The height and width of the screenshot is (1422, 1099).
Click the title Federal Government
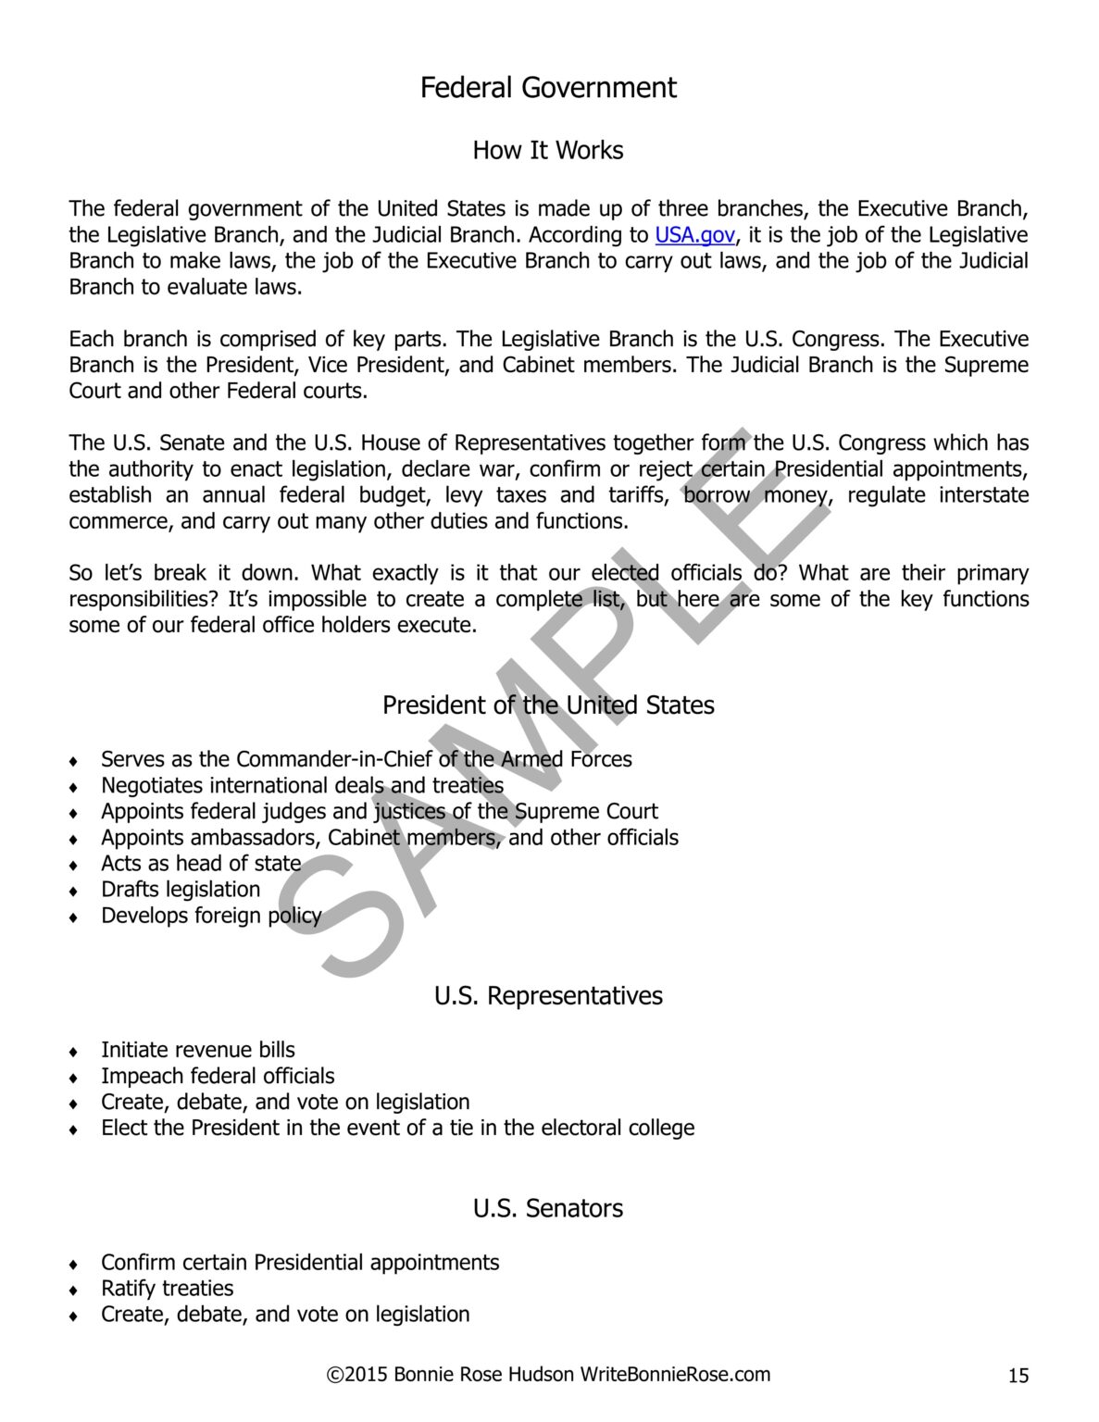click(548, 88)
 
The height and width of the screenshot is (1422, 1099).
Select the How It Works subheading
click(548, 150)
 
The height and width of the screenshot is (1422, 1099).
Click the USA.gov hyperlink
click(694, 235)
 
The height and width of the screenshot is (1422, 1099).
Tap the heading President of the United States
click(548, 705)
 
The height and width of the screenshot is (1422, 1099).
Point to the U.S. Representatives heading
click(548, 996)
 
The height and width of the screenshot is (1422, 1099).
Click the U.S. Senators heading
click(548, 1208)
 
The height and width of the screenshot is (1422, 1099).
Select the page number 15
click(1018, 1376)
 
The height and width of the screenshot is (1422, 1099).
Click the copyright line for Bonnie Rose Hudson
click(548, 1374)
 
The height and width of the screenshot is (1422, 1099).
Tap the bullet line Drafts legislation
click(181, 890)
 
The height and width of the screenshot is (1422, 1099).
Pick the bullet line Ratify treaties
click(167, 1289)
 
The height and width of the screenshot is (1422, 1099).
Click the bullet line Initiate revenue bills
click(198, 1050)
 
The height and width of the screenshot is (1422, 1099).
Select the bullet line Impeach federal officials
click(218, 1076)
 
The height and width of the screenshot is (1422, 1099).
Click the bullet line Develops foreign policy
click(211, 916)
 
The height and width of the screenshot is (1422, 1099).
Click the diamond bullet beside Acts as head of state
click(73, 866)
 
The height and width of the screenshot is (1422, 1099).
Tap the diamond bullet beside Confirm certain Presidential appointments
click(73, 1265)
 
